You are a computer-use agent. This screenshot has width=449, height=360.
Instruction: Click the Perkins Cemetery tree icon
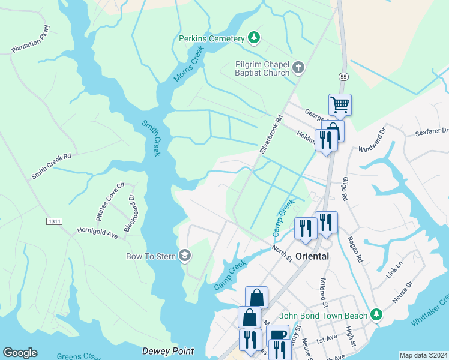pyautogui.click(x=254, y=38)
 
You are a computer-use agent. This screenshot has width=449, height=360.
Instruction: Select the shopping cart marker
pyautogui.click(x=340, y=104)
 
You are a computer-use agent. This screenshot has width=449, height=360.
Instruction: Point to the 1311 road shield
pyautogui.click(x=54, y=221)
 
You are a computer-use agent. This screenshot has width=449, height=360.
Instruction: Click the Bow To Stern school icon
pyautogui.click(x=185, y=256)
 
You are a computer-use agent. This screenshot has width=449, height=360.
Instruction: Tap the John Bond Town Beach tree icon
pyautogui.click(x=376, y=314)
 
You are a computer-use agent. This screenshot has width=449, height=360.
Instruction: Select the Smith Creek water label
pyautogui.click(x=151, y=138)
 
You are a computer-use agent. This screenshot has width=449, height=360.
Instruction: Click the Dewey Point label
pyautogui.click(x=168, y=351)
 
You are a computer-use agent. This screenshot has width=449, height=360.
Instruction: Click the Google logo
pyautogui.click(x=20, y=353)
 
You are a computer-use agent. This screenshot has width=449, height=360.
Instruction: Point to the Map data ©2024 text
pyautogui.click(x=423, y=355)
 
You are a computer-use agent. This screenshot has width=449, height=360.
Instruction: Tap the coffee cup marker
pyautogui.click(x=278, y=335)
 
